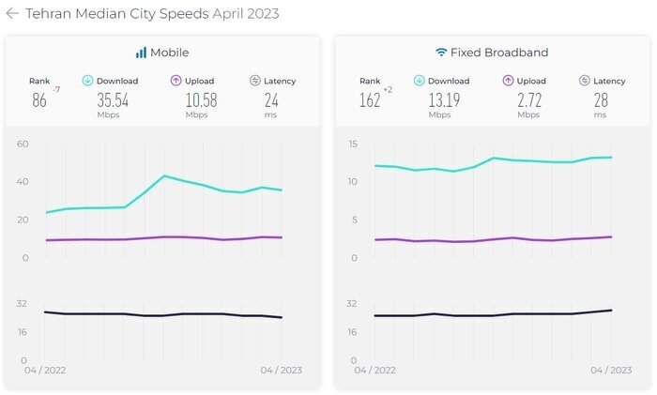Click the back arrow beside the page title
click(12, 14)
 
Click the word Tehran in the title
click(47, 14)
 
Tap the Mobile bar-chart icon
click(141, 53)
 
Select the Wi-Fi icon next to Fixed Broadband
click(441, 53)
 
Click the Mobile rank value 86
click(38, 101)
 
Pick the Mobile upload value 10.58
click(195, 100)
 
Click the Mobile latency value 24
click(271, 100)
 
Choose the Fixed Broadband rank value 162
click(370, 101)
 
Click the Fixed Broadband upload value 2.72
click(528, 100)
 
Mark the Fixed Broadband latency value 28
click(600, 100)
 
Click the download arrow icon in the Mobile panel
click(88, 81)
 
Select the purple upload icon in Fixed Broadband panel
click(508, 81)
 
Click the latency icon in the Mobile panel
click(255, 81)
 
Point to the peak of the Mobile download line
click(164, 175)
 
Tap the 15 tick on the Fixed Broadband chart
click(352, 144)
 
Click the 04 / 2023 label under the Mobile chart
click(281, 370)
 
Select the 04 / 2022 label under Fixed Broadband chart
click(374, 370)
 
